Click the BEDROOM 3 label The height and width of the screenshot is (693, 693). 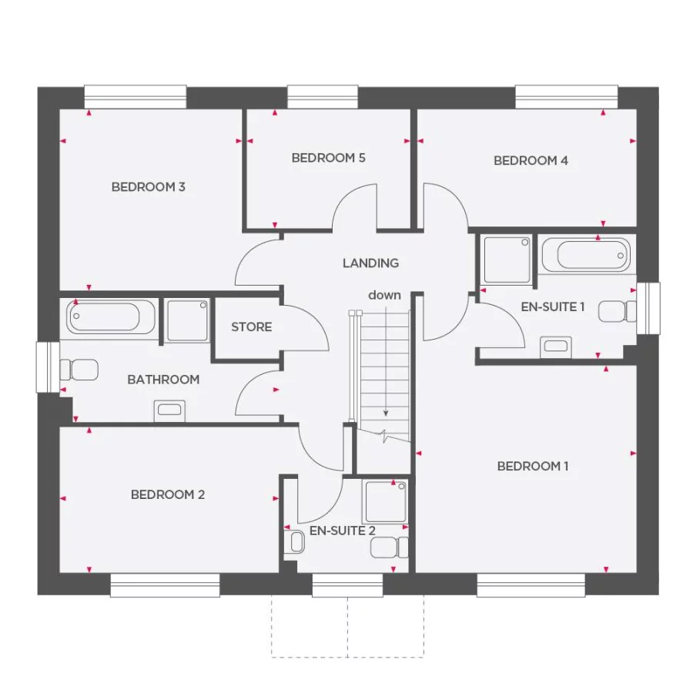[148, 186]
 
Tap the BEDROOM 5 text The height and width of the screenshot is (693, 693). [328, 158]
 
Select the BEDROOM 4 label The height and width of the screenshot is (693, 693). [531, 161]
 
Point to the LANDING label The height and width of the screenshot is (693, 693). [370, 263]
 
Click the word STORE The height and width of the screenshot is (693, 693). [251, 327]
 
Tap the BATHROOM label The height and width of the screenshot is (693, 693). [163, 380]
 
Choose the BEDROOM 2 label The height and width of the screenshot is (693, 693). [168, 494]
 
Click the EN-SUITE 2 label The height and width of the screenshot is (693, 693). [342, 531]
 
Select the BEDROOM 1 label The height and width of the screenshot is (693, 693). [533, 466]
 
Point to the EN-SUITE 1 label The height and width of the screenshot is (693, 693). [553, 306]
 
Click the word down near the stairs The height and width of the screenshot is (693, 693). [384, 295]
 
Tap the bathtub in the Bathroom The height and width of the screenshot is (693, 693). [111, 317]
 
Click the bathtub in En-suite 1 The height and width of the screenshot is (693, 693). [585, 253]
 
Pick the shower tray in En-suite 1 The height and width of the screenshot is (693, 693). [506, 260]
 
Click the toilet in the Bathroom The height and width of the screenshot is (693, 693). [82, 370]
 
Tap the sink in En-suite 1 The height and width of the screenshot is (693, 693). [555, 345]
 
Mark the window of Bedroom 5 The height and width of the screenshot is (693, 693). [323, 96]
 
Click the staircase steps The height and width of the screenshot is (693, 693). [385, 362]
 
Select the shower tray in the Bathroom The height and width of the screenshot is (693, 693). [187, 320]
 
